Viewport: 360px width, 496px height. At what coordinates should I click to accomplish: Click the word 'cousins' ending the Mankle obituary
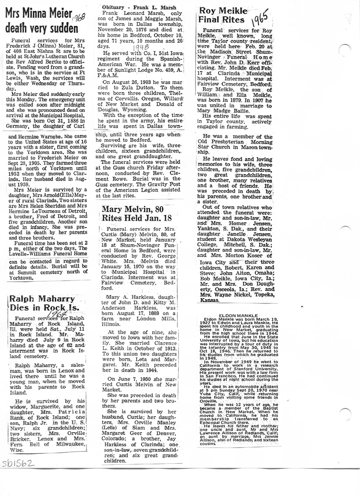click(x=207, y=443)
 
